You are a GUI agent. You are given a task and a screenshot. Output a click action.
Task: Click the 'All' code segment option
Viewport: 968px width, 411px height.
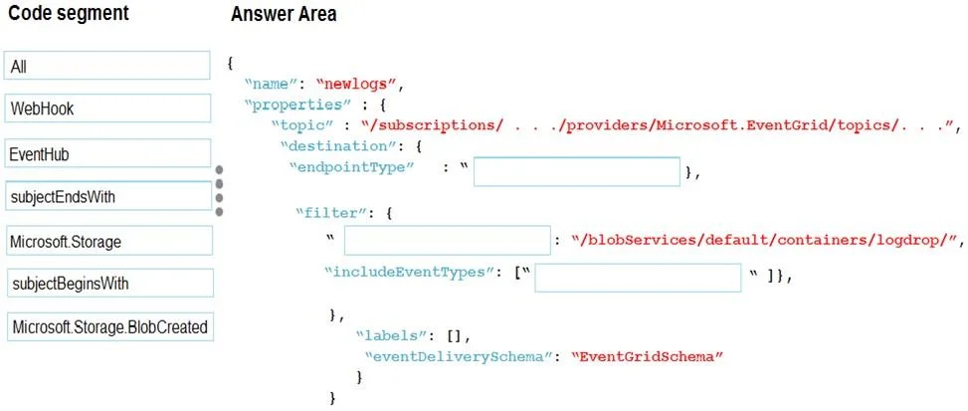106,66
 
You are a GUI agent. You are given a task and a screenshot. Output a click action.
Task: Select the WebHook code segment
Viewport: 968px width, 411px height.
106,108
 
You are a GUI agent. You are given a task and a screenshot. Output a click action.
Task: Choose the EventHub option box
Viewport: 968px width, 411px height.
106,153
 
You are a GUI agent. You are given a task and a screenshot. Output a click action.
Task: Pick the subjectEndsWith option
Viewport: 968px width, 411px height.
108,196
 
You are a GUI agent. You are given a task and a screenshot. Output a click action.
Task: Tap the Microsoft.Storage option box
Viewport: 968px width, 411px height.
108,241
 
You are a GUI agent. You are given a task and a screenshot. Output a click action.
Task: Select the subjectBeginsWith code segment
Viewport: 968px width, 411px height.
109,284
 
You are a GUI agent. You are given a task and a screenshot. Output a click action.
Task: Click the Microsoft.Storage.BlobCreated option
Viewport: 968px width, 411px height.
109,327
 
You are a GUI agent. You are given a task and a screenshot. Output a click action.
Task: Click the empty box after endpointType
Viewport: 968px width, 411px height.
577,172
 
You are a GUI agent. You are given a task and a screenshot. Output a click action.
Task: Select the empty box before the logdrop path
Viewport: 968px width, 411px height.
447,241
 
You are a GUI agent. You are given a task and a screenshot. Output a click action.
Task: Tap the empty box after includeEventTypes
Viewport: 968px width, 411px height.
638,279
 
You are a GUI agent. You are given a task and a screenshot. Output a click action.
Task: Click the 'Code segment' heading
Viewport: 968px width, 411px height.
69,12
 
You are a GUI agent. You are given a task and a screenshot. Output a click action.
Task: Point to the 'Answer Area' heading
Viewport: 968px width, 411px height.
284,14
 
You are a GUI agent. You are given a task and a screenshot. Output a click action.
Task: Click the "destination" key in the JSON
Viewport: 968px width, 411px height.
324,147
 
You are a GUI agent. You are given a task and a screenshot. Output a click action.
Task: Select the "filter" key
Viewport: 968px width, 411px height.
331,214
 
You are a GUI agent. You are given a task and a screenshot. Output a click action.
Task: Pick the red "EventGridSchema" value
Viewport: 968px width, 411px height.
647,356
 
